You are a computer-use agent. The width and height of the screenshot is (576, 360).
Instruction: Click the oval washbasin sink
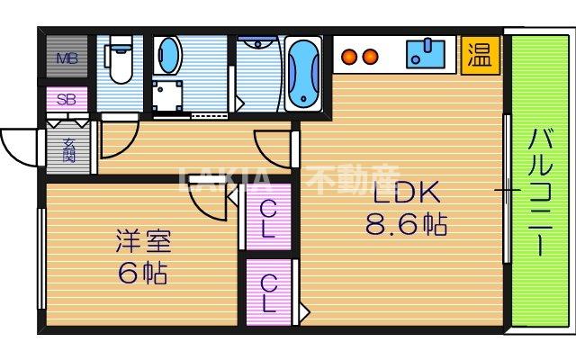click(166, 57)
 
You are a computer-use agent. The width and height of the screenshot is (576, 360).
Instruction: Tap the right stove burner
click(369, 58)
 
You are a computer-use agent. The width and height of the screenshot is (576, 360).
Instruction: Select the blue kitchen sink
click(425, 53)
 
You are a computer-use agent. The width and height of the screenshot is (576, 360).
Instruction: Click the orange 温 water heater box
click(478, 55)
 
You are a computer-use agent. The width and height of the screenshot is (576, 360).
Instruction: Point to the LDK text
click(404, 193)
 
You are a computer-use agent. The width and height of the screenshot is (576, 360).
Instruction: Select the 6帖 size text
click(142, 273)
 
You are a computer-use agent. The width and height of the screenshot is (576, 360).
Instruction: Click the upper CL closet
click(268, 218)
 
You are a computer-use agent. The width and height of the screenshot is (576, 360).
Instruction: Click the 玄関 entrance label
click(69, 148)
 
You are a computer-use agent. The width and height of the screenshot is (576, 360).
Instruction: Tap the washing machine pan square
click(166, 96)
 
